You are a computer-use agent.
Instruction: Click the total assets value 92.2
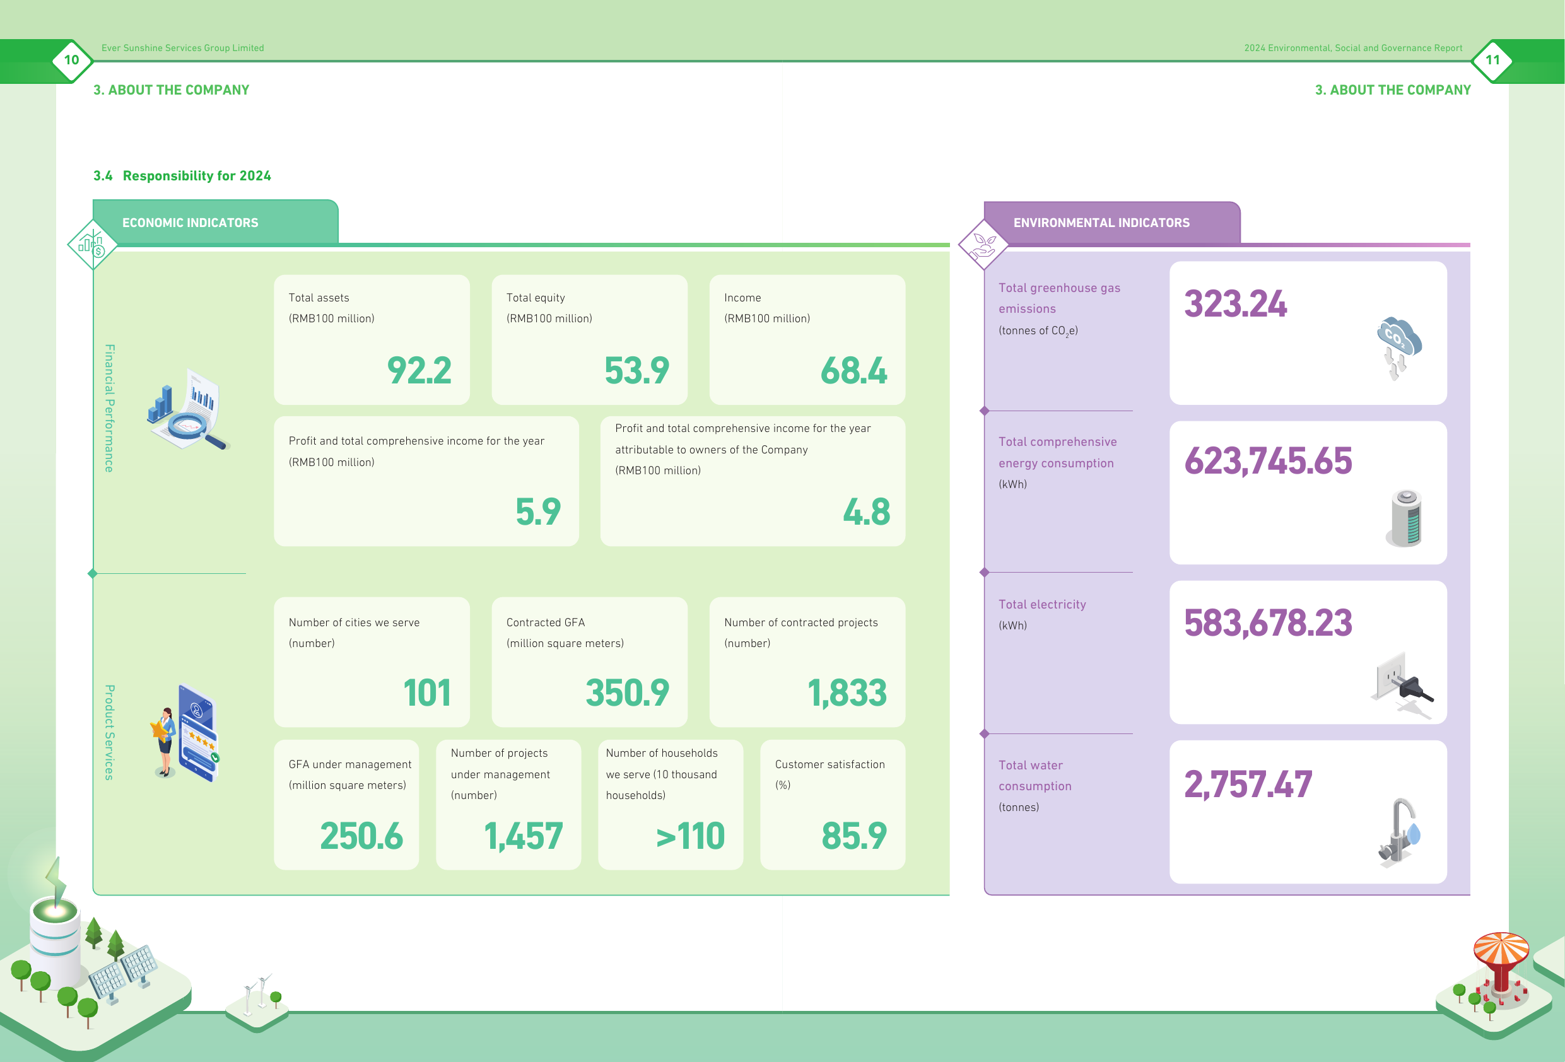419,370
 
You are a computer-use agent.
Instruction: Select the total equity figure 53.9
636,370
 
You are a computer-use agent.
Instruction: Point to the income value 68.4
854,370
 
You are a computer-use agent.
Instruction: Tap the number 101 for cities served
427,693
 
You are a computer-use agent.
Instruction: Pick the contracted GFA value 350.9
627,693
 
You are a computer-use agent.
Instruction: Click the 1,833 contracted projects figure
847,694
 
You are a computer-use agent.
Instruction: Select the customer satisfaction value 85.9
854,836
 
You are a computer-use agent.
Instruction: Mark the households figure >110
690,836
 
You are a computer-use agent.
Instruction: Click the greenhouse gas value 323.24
1235,304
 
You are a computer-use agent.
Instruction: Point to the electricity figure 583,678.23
1268,624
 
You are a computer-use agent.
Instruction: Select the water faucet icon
1398,833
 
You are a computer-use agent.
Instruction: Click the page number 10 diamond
71,60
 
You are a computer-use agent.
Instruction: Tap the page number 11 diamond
1493,60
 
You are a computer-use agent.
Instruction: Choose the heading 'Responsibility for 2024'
197,176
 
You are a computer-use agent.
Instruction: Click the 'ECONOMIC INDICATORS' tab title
190,223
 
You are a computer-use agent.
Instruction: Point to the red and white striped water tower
1501,963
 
